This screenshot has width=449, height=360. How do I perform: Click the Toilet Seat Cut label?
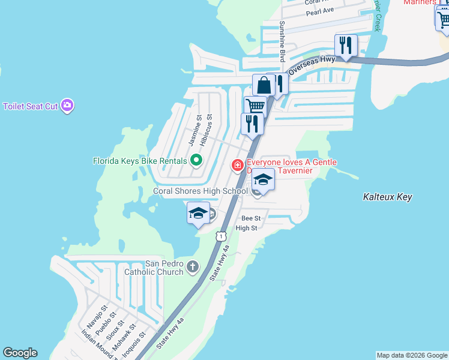click(x=30, y=106)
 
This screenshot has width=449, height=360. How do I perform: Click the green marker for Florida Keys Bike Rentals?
click(x=196, y=160)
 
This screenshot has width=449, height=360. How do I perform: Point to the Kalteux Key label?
click(x=388, y=197)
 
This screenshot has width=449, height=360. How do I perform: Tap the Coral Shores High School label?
click(x=200, y=191)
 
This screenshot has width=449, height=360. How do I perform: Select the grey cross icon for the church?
click(x=192, y=266)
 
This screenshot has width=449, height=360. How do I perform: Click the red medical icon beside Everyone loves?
click(x=238, y=164)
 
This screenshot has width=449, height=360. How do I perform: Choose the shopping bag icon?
click(x=263, y=86)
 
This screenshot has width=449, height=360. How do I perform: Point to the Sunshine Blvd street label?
click(x=282, y=41)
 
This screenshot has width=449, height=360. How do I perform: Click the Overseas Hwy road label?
click(x=311, y=62)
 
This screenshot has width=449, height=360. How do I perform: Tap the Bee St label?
click(x=251, y=218)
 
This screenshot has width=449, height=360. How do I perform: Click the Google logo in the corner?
click(x=20, y=353)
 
